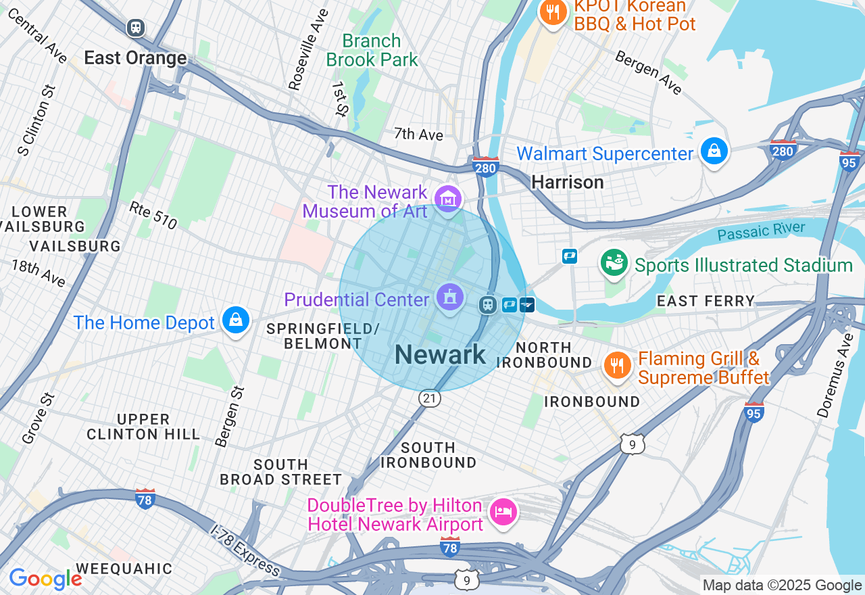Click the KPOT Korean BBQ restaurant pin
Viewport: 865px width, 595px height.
point(553,12)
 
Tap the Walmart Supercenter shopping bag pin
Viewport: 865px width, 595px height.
point(714,151)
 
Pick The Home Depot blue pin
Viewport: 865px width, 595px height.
point(236,320)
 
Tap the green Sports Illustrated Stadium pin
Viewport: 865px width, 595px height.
point(614,263)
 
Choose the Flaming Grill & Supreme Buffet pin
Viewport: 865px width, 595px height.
point(617,366)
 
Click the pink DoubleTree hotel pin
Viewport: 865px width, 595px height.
point(503,512)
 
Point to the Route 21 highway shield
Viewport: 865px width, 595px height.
point(429,399)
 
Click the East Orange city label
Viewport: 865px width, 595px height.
point(135,58)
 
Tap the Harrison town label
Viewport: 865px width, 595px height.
point(567,182)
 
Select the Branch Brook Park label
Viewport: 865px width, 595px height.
point(372,51)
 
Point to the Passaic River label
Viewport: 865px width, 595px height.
point(761,231)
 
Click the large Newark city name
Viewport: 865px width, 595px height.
point(440,354)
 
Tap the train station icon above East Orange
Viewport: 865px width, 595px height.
point(136,28)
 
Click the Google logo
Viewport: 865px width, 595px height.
point(45,579)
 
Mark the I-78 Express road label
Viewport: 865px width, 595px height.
point(245,550)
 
